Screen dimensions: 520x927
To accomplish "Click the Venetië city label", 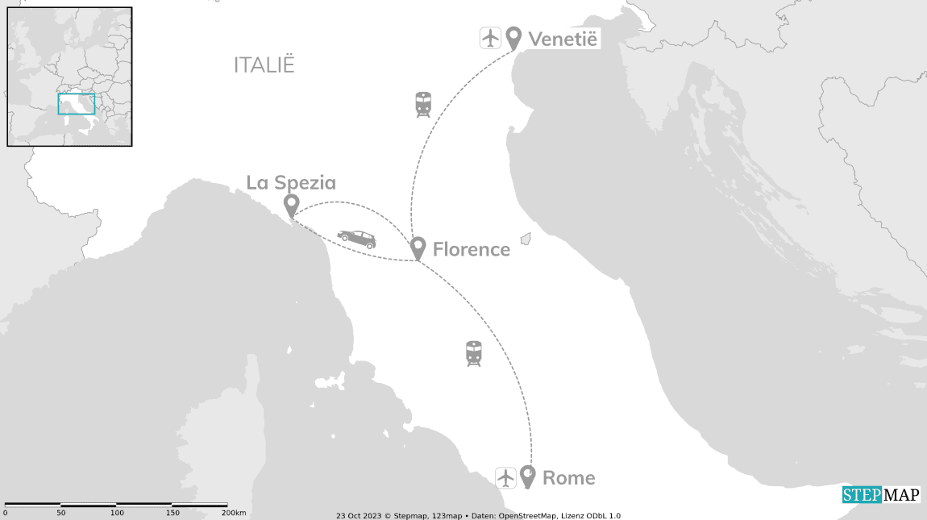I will [x=563, y=38].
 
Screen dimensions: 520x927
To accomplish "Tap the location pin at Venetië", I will [x=513, y=38].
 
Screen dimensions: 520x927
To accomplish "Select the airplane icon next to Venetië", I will [x=490, y=37].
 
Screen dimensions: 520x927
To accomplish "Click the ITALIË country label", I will [x=264, y=65].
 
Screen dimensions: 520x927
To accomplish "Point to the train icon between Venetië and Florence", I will [x=422, y=105].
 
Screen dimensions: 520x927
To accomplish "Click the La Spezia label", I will [x=291, y=183].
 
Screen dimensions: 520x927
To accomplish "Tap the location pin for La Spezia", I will [x=291, y=206].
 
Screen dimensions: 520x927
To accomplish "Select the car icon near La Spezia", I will [x=356, y=239].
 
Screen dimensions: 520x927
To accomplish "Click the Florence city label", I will [x=471, y=250].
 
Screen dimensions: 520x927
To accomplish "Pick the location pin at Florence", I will [x=418, y=248].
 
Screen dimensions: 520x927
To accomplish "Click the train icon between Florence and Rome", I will [x=473, y=354].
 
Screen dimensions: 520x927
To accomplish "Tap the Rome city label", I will [x=569, y=478].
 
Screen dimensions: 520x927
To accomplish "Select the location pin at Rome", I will [x=528, y=476].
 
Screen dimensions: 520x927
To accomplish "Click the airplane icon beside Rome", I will [x=505, y=477].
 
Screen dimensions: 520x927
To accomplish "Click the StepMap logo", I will [x=881, y=495].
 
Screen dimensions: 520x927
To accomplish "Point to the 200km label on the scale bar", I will [x=234, y=514].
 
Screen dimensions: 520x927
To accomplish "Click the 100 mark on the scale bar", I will [x=118, y=514].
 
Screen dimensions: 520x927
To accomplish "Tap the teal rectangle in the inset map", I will [x=77, y=104].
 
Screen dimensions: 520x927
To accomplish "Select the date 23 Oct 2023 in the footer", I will [x=357, y=516].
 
